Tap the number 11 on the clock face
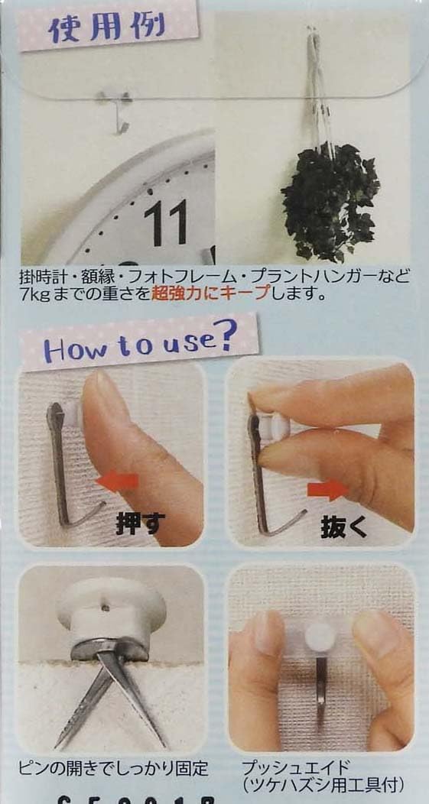tap(166, 222)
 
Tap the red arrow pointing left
tap(118, 481)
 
